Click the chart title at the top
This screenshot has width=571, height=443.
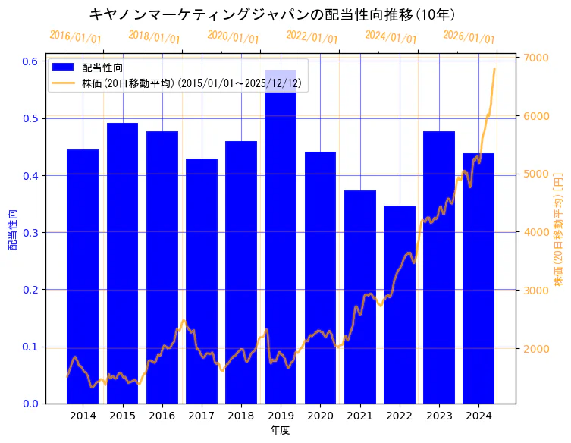click(x=271, y=14)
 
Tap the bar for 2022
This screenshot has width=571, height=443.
click(x=399, y=303)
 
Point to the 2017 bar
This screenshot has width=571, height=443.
click(x=201, y=281)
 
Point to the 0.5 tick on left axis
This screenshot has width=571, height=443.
click(x=30, y=118)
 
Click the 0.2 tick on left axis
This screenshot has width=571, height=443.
click(x=30, y=290)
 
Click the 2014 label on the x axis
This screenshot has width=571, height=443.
click(x=83, y=416)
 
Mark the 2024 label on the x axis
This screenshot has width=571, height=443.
click(x=478, y=416)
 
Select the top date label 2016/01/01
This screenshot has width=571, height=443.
click(x=75, y=37)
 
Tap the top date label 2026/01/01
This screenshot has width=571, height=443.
click(x=469, y=37)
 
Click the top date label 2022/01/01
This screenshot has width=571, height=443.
click(x=312, y=37)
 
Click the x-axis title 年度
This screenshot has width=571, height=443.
click(x=280, y=431)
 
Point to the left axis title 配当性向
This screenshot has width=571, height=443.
click(x=13, y=230)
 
